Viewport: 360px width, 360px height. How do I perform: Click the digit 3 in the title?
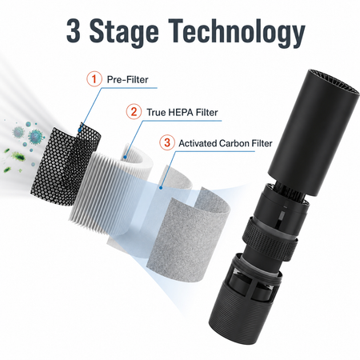74,31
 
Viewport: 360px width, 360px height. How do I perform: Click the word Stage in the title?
124,34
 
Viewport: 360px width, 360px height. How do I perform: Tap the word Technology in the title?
236,34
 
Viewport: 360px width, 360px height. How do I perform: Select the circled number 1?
94,79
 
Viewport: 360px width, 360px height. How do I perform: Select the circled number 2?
134,111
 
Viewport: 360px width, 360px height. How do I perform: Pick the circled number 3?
167,142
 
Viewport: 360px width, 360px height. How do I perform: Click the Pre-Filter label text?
127,79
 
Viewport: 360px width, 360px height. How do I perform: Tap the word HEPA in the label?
180,112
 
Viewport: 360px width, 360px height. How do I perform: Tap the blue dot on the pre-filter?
79,130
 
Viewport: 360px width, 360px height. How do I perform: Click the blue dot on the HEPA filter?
126,158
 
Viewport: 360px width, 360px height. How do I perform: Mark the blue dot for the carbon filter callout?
161,188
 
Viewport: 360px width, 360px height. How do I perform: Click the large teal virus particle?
35,137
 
